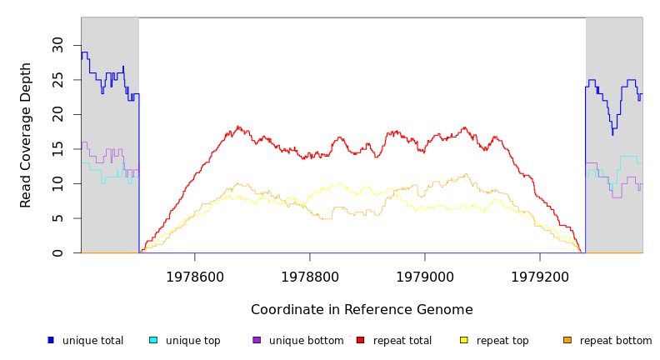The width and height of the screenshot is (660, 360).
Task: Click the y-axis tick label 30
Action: [57, 45]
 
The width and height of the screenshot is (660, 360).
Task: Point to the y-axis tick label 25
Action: [57, 80]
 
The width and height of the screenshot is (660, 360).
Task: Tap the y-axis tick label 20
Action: [57, 114]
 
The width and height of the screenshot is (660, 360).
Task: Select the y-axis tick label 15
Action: [57, 149]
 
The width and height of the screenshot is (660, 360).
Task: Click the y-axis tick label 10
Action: [57, 183]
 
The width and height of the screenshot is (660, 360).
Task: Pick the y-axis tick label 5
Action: [57, 218]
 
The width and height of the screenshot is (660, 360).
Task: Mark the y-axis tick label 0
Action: [57, 252]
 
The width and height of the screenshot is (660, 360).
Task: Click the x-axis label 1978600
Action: [195, 277]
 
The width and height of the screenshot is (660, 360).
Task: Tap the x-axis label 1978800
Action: [310, 277]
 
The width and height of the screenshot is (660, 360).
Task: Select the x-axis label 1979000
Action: [425, 277]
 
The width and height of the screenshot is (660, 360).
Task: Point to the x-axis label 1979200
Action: [540, 277]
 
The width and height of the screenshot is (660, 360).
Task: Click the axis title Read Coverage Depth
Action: [27, 135]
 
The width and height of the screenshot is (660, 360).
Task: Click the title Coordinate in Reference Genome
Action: [362, 310]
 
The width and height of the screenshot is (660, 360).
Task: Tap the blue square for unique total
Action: [51, 340]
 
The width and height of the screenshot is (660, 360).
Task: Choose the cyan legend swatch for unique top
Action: [153, 340]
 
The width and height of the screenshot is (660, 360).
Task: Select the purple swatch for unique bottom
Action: [257, 340]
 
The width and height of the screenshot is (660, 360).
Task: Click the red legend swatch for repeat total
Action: [360, 340]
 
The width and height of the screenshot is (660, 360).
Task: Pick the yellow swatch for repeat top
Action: [464, 340]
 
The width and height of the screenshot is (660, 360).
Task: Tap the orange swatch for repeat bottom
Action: [567, 340]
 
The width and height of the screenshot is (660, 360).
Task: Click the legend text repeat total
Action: [402, 341]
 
